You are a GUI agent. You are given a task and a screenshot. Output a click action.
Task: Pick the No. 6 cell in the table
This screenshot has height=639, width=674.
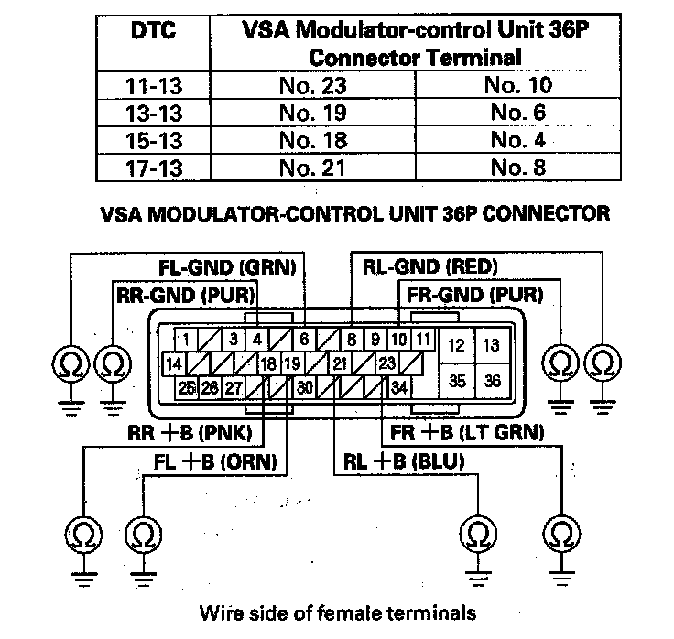[517, 114]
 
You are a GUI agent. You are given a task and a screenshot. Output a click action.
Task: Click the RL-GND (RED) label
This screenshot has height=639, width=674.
[430, 267]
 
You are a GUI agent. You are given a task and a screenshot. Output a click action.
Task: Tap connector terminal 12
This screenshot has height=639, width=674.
[455, 345]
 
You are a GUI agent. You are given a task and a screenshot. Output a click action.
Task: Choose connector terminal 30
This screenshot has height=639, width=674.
[304, 387]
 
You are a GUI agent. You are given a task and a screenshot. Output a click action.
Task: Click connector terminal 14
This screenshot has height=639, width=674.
[172, 363]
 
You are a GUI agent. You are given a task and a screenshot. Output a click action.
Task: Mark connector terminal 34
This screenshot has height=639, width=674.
[398, 387]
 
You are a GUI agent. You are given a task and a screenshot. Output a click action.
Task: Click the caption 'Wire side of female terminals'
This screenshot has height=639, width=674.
[337, 612]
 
